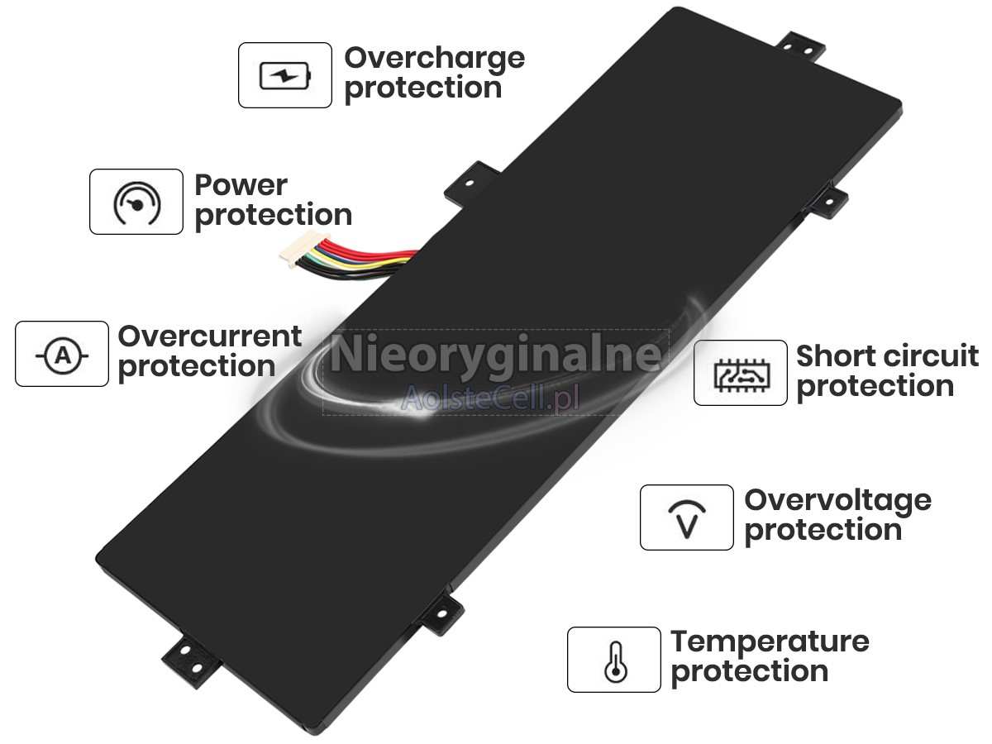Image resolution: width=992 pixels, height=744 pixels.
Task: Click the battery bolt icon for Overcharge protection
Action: (x=285, y=75)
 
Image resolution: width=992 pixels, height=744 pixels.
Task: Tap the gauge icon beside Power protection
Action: (x=136, y=203)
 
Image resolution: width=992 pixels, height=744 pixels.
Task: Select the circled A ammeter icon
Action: (x=62, y=356)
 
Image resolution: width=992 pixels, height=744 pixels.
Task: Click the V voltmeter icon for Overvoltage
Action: (x=687, y=519)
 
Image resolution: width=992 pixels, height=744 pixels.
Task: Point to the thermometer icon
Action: (x=615, y=662)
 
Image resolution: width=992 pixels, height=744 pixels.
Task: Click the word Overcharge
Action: (x=435, y=60)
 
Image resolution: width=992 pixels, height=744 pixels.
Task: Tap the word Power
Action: (x=241, y=184)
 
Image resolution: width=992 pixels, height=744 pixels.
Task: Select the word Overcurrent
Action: (x=210, y=336)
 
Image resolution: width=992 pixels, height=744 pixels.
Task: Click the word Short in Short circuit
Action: (x=834, y=356)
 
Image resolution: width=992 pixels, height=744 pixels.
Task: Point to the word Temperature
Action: (x=770, y=643)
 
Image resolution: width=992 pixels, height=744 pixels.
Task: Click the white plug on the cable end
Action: (x=304, y=249)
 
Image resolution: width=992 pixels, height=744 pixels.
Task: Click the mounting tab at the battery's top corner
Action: (x=800, y=47)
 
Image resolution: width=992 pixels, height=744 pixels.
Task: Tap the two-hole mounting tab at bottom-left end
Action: (x=192, y=660)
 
